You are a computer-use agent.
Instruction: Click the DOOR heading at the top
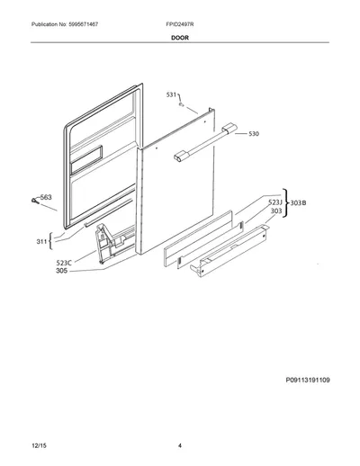[180, 38]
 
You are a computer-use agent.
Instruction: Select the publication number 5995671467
[82, 24]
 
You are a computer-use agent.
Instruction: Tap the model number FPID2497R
[180, 24]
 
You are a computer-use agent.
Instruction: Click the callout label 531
[171, 94]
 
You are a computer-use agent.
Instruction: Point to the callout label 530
[254, 134]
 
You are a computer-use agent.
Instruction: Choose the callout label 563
[46, 197]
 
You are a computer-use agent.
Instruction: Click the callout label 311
[41, 241]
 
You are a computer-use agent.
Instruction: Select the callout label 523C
[64, 263]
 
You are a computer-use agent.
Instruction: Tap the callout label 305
[62, 271]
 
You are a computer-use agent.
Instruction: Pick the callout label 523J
[275, 202]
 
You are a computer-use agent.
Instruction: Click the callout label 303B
[298, 203]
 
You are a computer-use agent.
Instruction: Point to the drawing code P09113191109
[308, 380]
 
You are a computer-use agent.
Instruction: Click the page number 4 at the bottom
[180, 445]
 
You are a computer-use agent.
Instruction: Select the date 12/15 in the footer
[39, 445]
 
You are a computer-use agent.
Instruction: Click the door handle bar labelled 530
[205, 143]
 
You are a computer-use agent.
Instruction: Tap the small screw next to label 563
[35, 201]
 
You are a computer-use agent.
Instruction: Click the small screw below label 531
[181, 104]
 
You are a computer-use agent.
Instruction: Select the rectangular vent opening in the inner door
[86, 160]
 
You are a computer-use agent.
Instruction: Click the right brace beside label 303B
[285, 202]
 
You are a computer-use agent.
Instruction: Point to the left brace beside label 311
[50, 241]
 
